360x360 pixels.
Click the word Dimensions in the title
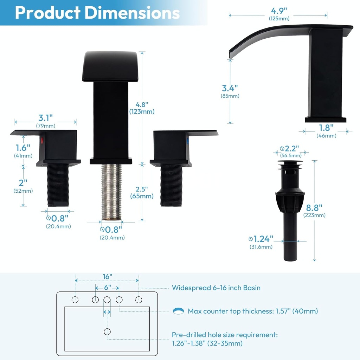point(132,13)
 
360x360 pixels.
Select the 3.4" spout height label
point(230,88)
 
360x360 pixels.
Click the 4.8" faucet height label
point(142,105)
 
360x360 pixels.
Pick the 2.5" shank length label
point(142,189)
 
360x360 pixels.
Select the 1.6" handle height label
point(23,148)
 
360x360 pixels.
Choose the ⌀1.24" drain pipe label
point(261,239)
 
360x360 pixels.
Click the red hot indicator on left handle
point(43,141)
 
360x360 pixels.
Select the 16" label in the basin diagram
point(108,276)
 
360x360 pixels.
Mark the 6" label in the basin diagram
point(107,287)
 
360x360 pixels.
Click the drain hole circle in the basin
point(107,332)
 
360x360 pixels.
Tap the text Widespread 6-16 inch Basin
point(216,288)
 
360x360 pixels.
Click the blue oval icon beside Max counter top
point(179,311)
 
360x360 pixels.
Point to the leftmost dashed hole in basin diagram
point(75,300)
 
